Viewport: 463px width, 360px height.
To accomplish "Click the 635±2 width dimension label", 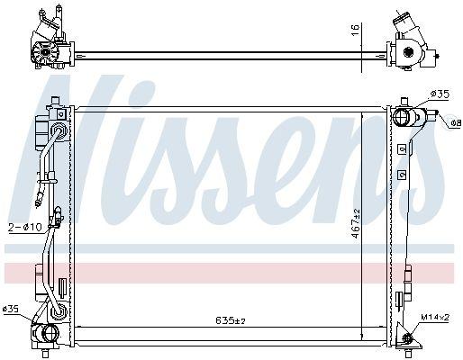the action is pos(231,320).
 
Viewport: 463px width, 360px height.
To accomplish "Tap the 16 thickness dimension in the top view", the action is pos(355,31).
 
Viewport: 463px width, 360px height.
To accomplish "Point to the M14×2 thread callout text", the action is pos(435,317).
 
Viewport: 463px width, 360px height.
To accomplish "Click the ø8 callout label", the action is pos(456,122).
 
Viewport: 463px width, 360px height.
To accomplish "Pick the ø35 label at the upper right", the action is pos(440,94).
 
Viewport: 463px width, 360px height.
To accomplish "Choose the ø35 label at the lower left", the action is pos(11,309).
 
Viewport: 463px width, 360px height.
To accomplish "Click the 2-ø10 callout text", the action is pos(24,227).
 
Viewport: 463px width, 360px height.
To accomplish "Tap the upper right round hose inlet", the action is pos(401,117).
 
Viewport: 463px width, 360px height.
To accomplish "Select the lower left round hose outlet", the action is pos(50,333).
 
